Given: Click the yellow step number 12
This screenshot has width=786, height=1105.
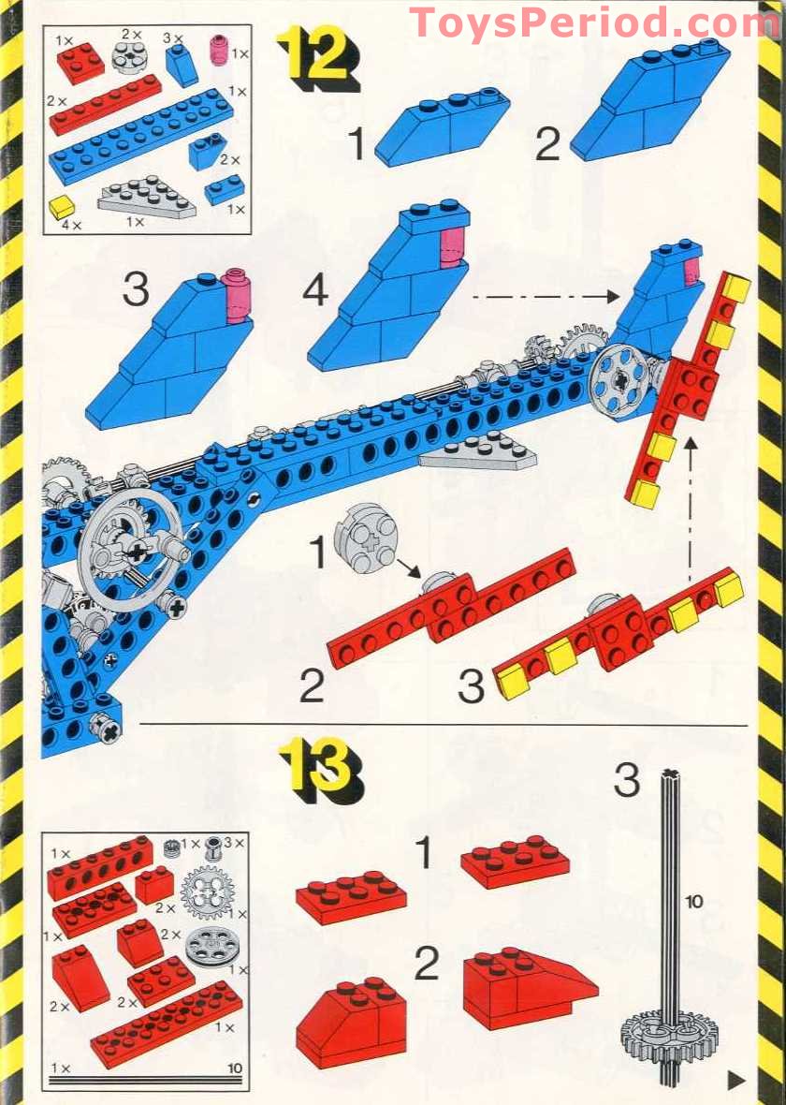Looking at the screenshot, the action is click(x=317, y=57).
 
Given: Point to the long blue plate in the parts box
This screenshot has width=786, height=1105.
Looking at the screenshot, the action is click(x=141, y=137).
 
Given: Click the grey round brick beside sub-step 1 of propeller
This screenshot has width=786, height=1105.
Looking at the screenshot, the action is click(x=365, y=538).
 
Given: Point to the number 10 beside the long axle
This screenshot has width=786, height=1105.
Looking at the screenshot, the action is click(x=693, y=902).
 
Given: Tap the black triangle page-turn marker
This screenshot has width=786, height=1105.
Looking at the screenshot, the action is click(x=736, y=1078).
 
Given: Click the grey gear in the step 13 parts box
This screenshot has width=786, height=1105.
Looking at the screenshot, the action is click(x=206, y=892).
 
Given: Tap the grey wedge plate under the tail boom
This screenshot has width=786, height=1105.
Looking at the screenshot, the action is click(x=480, y=453).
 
